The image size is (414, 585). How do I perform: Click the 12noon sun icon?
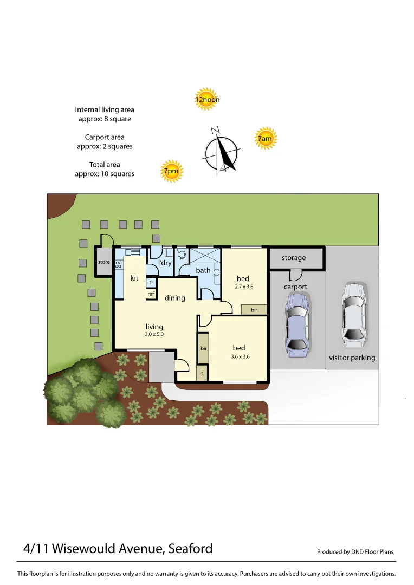point(206,99)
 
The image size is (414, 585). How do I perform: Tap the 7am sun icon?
point(265,139)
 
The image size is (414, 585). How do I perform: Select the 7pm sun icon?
point(171,172)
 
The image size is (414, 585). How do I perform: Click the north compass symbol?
point(221,151)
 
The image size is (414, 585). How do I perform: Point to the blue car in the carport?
point(296,324)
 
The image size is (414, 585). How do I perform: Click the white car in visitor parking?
point(353,315)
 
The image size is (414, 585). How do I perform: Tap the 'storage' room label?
point(294,258)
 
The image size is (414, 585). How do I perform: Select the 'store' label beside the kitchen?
point(104,262)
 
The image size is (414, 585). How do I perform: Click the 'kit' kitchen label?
point(134,278)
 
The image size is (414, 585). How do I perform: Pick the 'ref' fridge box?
point(151,294)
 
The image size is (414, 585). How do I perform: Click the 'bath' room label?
point(203,270)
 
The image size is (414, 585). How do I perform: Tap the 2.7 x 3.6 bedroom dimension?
point(244,287)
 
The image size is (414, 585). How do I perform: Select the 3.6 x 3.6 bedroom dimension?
point(239,356)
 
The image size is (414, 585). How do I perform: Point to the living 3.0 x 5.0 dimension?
point(154,335)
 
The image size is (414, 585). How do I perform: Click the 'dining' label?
point(175,297)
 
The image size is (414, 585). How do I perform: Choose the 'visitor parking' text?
point(352,357)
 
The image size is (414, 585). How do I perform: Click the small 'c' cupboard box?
point(202,373)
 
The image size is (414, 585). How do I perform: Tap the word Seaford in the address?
point(190,549)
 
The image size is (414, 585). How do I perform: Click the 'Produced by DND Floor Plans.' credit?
point(355,552)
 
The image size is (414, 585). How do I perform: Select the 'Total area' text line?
point(105,164)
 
